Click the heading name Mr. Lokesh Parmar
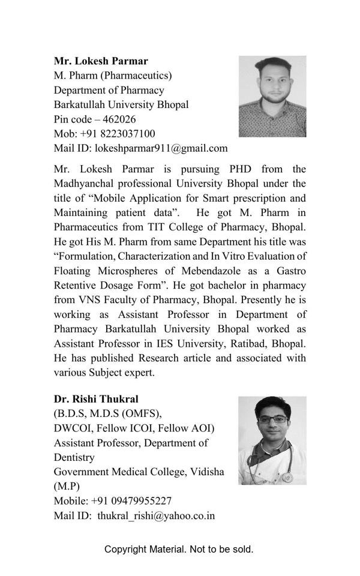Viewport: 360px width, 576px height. tap(101, 61)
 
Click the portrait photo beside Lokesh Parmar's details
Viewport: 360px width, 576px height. tap(272, 97)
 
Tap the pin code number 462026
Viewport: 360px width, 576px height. tap(119, 119)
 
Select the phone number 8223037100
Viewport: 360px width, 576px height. tap(122, 133)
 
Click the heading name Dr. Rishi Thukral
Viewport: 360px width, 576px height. tap(96, 399)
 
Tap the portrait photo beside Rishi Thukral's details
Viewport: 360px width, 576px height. tap(272, 440)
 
